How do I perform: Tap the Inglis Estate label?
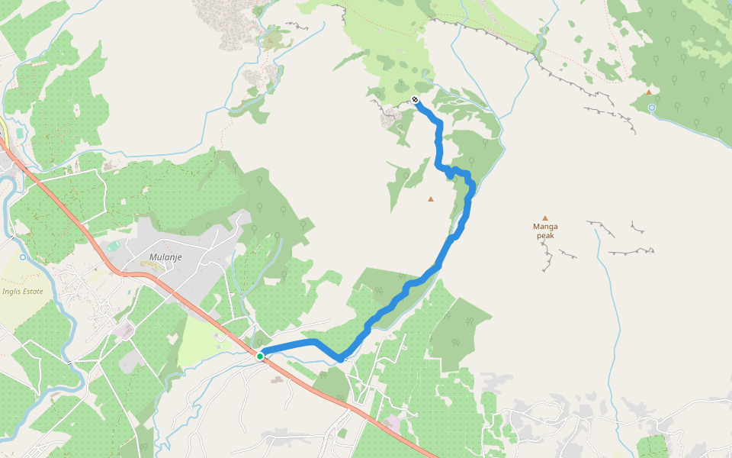(x=22, y=291)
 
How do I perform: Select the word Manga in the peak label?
(x=545, y=227)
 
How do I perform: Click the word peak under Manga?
(x=545, y=236)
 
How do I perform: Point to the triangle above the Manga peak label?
(x=544, y=218)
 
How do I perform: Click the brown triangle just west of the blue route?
(x=431, y=199)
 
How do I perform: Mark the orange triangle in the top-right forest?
(x=649, y=92)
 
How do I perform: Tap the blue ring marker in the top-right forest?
(x=652, y=108)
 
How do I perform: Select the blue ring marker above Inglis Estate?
(x=22, y=257)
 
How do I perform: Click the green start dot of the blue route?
(x=260, y=356)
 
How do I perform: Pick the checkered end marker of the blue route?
(x=415, y=100)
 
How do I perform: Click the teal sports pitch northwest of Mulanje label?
(x=113, y=246)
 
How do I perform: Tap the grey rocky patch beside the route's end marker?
(x=392, y=117)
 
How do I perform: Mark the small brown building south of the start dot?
(x=274, y=379)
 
